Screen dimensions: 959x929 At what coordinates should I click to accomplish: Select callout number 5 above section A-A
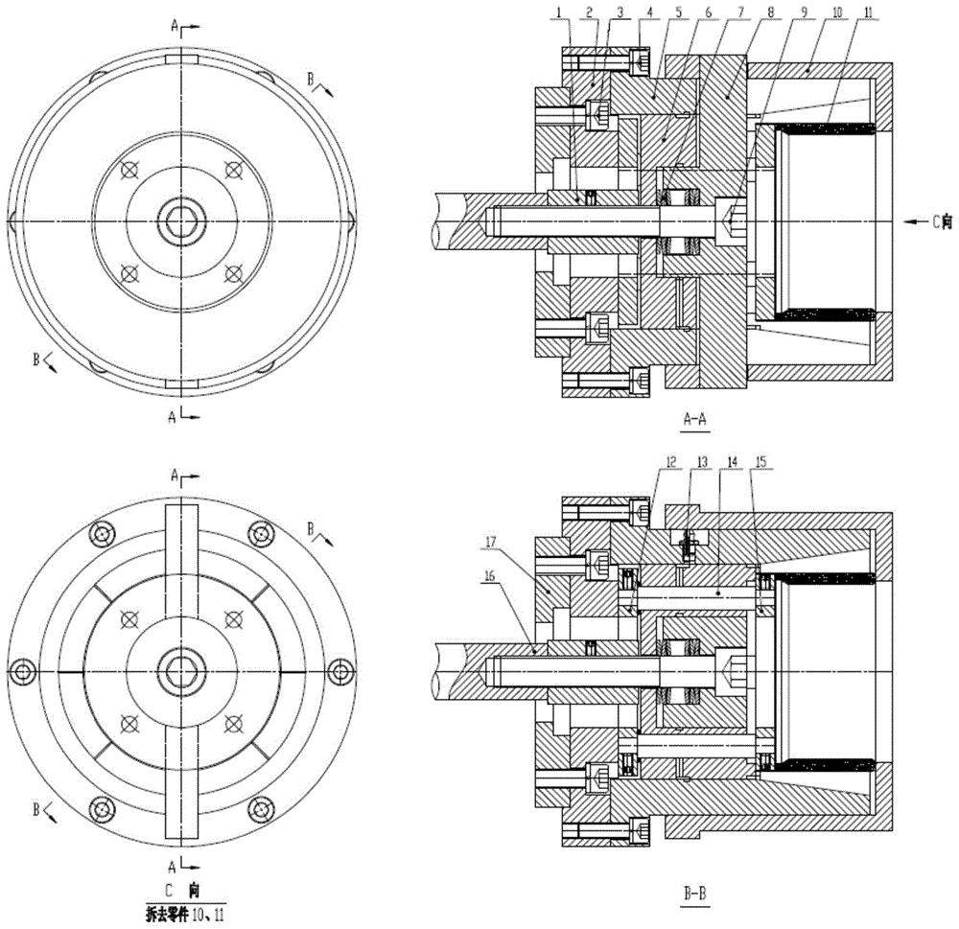point(666,12)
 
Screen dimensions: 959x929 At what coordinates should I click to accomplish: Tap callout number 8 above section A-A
point(771,12)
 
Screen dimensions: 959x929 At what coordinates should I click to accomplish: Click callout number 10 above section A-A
point(837,12)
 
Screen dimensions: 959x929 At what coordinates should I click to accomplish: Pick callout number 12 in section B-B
point(671,462)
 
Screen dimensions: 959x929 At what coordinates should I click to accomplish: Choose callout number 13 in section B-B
point(702,462)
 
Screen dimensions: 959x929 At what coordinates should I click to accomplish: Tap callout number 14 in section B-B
point(733,462)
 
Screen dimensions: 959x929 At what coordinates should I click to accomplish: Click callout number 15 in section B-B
point(760,462)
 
